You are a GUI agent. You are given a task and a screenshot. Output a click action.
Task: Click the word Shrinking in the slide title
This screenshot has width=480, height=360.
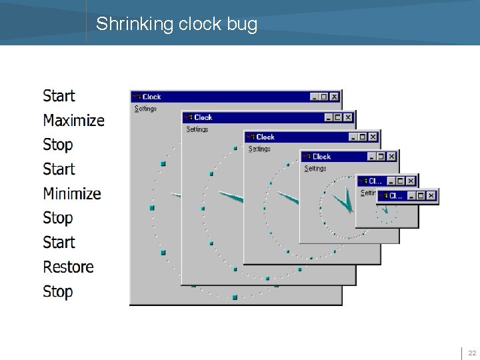click(x=133, y=25)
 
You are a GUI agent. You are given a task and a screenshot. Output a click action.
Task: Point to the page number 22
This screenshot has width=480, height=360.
click(x=471, y=353)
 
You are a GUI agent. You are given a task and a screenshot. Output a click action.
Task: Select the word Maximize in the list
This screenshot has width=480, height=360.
click(x=73, y=121)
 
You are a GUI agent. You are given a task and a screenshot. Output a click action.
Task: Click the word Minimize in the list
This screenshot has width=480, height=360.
click(x=72, y=194)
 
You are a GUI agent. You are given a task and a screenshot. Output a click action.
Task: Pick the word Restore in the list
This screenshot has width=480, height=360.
click(x=68, y=267)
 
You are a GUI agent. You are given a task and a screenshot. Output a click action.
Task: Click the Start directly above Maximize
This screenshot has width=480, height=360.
click(x=59, y=96)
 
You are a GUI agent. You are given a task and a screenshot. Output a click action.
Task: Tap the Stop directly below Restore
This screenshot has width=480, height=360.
click(x=57, y=292)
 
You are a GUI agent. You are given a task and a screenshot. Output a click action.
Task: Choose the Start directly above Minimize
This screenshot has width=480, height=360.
click(x=59, y=169)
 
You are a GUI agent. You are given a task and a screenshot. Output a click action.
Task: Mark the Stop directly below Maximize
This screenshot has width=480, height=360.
click(x=57, y=145)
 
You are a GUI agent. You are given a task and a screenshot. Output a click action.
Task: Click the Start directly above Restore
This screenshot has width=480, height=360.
click(x=59, y=243)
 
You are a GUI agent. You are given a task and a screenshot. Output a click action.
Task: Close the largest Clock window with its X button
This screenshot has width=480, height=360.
click(x=335, y=97)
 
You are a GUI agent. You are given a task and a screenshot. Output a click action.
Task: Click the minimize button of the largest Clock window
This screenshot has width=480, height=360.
click(x=315, y=97)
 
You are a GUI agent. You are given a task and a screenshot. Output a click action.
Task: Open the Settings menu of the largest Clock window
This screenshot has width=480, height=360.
click(x=145, y=109)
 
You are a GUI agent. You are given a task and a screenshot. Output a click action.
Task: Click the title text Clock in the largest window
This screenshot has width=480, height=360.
click(x=151, y=97)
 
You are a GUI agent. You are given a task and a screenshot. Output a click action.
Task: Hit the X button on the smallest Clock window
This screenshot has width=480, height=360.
click(x=431, y=196)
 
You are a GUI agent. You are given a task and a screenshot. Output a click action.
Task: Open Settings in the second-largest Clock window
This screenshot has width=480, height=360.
click(x=197, y=129)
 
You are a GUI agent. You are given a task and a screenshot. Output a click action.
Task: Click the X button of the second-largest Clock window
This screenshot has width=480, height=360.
click(x=348, y=117)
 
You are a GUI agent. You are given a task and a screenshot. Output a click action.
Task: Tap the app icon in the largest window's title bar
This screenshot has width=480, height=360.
click(x=137, y=97)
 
